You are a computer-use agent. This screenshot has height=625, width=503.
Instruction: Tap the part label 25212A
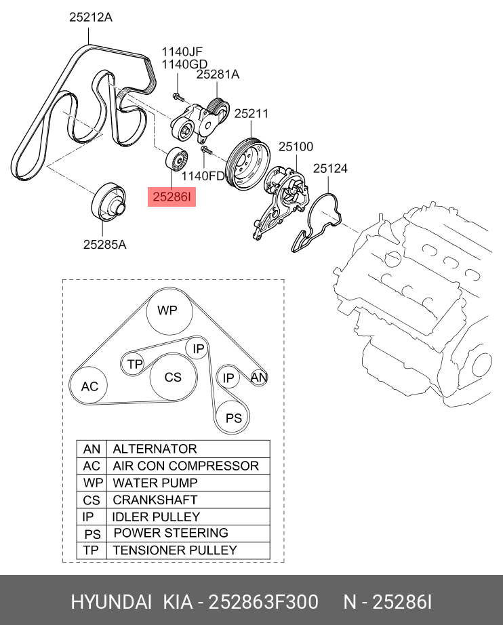90,18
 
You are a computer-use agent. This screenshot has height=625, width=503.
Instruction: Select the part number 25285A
104,244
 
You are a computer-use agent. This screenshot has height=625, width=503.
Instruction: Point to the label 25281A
218,76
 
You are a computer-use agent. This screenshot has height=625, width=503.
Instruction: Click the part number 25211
251,115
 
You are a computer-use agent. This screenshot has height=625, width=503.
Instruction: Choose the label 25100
296,146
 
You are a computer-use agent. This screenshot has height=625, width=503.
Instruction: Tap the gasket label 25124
329,168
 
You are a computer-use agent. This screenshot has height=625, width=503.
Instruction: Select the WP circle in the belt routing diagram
167,310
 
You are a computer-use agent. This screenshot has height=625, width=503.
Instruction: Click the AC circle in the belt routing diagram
89,386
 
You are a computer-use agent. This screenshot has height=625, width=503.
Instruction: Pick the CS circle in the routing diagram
173,377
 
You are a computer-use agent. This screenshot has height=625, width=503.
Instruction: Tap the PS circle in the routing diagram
233,418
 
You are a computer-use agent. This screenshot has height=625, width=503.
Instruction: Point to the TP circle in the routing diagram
135,365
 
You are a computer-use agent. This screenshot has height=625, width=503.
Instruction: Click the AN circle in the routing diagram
258,378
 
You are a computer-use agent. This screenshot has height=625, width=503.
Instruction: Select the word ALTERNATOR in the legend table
155,449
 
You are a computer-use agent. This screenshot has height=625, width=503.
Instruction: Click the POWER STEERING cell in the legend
170,533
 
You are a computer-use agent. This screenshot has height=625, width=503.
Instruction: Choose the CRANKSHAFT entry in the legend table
155,500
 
